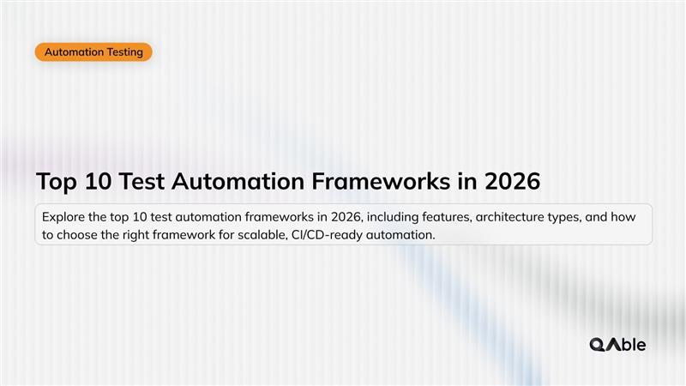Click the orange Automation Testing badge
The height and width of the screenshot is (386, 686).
click(93, 52)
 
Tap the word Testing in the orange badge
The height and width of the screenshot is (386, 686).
click(125, 52)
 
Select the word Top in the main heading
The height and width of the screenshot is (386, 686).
click(57, 182)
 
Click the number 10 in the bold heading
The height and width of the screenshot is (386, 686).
click(105, 182)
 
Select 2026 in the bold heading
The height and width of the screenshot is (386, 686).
click(513, 182)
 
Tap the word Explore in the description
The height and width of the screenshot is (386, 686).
click(63, 217)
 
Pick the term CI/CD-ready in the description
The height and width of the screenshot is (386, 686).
click(324, 235)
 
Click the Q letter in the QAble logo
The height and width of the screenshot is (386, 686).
click(598, 345)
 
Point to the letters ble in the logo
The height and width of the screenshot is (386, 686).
click(633, 345)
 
